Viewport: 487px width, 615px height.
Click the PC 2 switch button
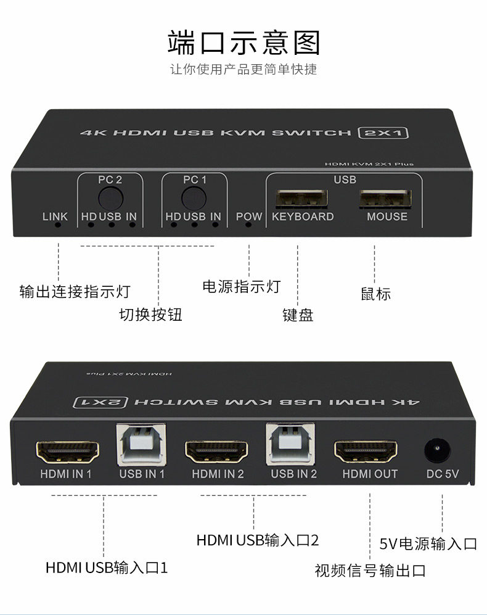point(110,198)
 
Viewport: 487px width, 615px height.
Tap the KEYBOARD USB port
point(301,199)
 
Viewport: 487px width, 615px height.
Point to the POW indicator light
point(249,225)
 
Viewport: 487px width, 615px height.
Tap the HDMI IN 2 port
point(217,453)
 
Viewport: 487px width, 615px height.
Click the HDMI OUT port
point(366,453)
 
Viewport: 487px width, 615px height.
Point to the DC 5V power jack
point(438,452)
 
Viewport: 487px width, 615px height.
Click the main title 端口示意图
point(244,43)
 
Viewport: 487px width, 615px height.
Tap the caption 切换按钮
point(150,315)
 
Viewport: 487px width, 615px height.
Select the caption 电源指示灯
point(241,286)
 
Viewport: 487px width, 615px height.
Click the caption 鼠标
point(375,294)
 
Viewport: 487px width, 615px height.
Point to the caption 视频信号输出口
point(370,571)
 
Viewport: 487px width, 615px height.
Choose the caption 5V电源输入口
point(428,543)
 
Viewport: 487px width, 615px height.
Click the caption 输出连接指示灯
point(75,291)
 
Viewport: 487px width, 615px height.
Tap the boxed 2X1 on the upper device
point(384,133)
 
